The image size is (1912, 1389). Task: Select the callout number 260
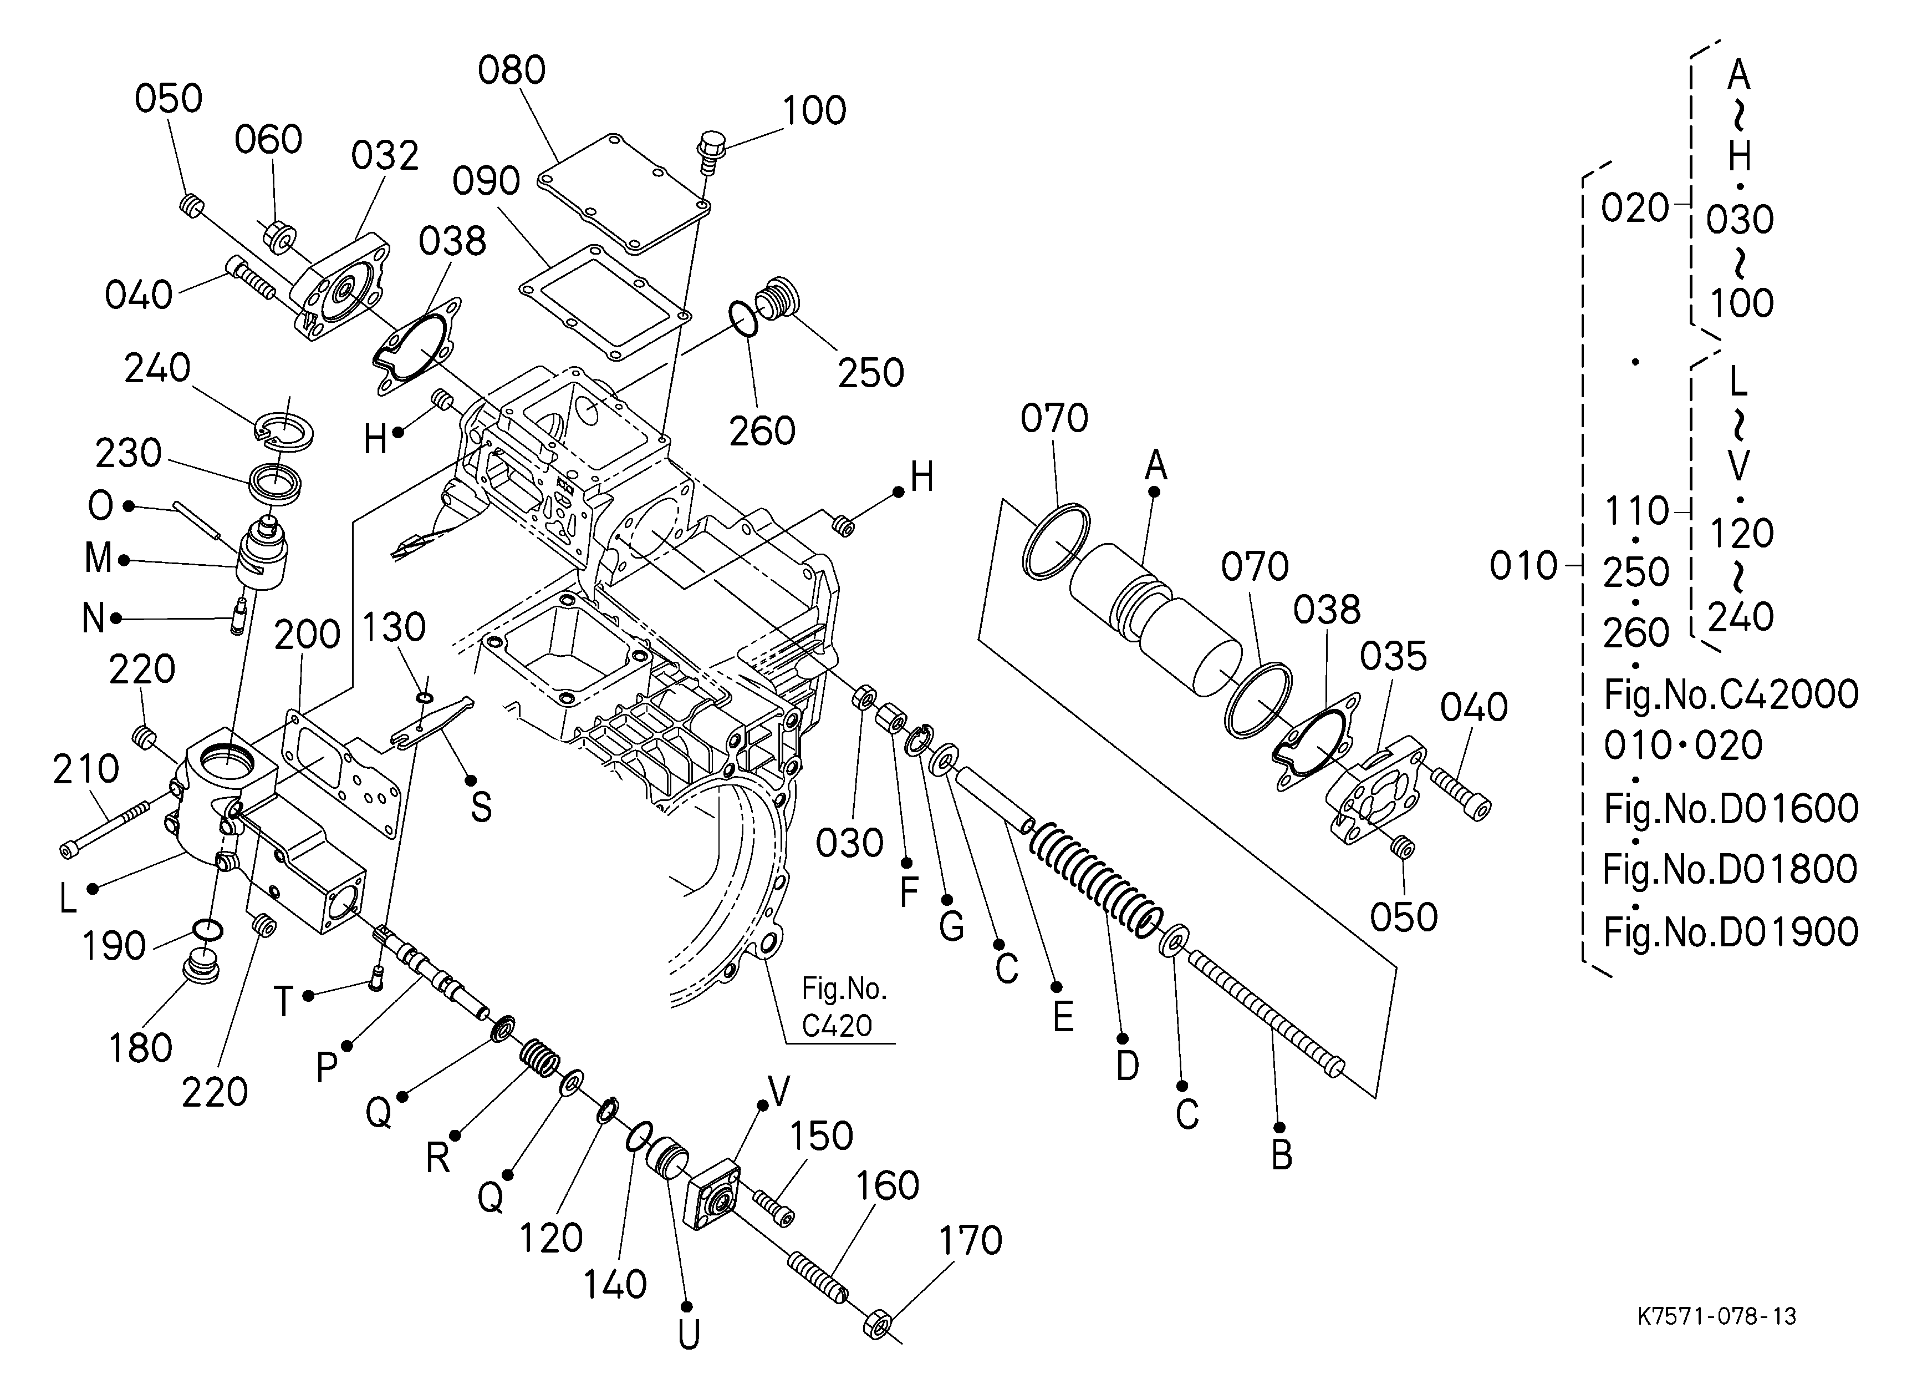click(762, 431)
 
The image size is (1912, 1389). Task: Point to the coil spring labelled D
click(1096, 880)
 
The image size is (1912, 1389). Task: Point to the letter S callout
click(481, 807)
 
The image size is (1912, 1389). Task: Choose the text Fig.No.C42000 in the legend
click(1730, 694)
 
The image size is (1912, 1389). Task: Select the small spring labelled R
click(539, 1058)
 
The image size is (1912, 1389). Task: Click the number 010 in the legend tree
click(1523, 566)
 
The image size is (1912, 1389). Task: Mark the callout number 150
click(821, 1136)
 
